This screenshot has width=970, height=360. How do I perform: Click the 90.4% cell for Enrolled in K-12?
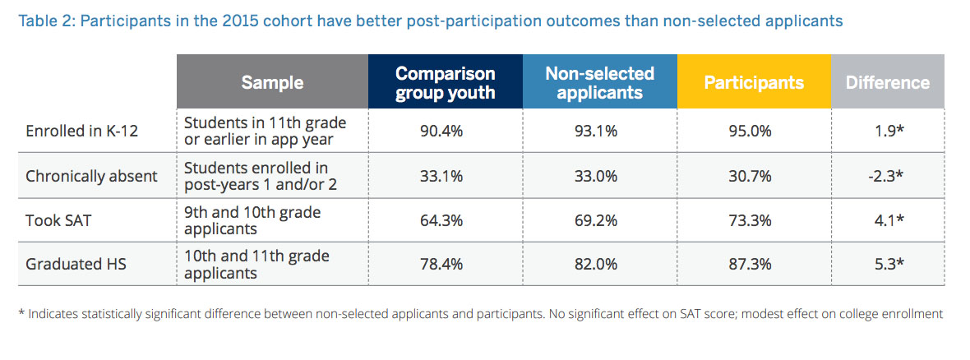pos(445,132)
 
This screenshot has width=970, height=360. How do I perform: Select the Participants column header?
pos(754,82)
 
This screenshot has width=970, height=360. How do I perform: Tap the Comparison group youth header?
pos(446,82)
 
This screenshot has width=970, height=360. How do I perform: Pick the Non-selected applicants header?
pos(600,82)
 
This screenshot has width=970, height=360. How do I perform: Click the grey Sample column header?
pos(272,82)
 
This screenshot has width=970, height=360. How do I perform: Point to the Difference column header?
pos(888,82)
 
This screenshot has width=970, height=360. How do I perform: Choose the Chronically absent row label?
pos(91,176)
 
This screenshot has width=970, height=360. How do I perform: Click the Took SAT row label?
pos(58,219)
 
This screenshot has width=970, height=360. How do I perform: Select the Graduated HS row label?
pos(76,264)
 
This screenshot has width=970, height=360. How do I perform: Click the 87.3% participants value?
pos(754,264)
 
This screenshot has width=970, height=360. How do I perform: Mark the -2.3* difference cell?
pos(888,176)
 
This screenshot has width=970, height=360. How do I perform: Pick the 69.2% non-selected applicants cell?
pos(599,219)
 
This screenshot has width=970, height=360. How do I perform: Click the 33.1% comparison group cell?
pos(445,176)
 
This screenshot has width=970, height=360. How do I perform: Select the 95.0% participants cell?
pos(754,132)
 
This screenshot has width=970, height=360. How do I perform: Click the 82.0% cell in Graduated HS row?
pos(599,264)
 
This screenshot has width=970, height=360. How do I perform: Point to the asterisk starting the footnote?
pos(21,313)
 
